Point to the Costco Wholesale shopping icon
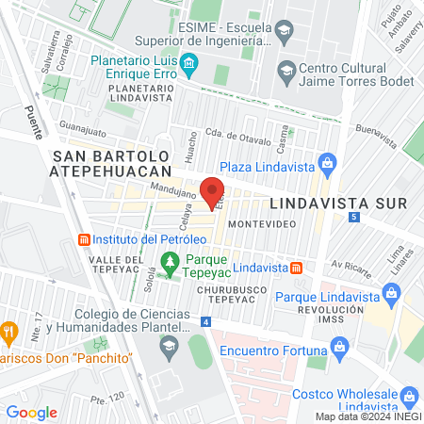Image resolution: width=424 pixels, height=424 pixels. (410, 396)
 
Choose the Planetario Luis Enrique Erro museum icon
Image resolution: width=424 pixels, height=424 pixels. (190, 65)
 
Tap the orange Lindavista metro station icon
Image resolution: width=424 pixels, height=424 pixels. (296, 268)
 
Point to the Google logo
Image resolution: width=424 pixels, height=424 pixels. (31, 413)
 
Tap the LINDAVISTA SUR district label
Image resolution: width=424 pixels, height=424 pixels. (338, 203)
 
